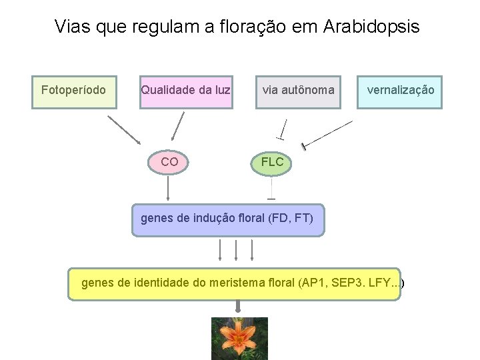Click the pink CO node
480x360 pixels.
click(169, 162)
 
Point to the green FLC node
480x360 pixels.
click(272, 162)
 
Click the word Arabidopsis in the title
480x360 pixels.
click(371, 27)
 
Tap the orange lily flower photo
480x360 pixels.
click(239, 339)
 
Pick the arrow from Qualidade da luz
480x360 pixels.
click(177, 127)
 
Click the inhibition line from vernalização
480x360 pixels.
click(327, 134)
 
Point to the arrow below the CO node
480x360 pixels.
click(168, 189)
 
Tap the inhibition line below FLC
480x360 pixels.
click(271, 190)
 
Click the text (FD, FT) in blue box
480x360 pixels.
click(291, 218)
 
